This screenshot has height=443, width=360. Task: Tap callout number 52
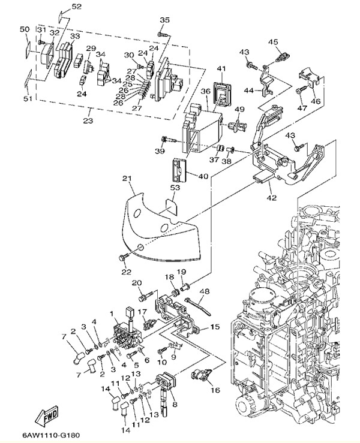(x=76, y=7)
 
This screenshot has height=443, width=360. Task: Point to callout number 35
(x=165, y=20)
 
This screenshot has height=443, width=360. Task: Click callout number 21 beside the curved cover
(x=127, y=179)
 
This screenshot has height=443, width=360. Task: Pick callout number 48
(x=204, y=292)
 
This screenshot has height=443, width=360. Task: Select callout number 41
(x=221, y=69)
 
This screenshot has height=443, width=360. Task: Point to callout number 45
(x=273, y=42)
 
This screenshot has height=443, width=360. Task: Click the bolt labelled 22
(x=123, y=258)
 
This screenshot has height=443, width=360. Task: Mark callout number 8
(x=175, y=405)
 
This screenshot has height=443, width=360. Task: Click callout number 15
(x=214, y=328)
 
